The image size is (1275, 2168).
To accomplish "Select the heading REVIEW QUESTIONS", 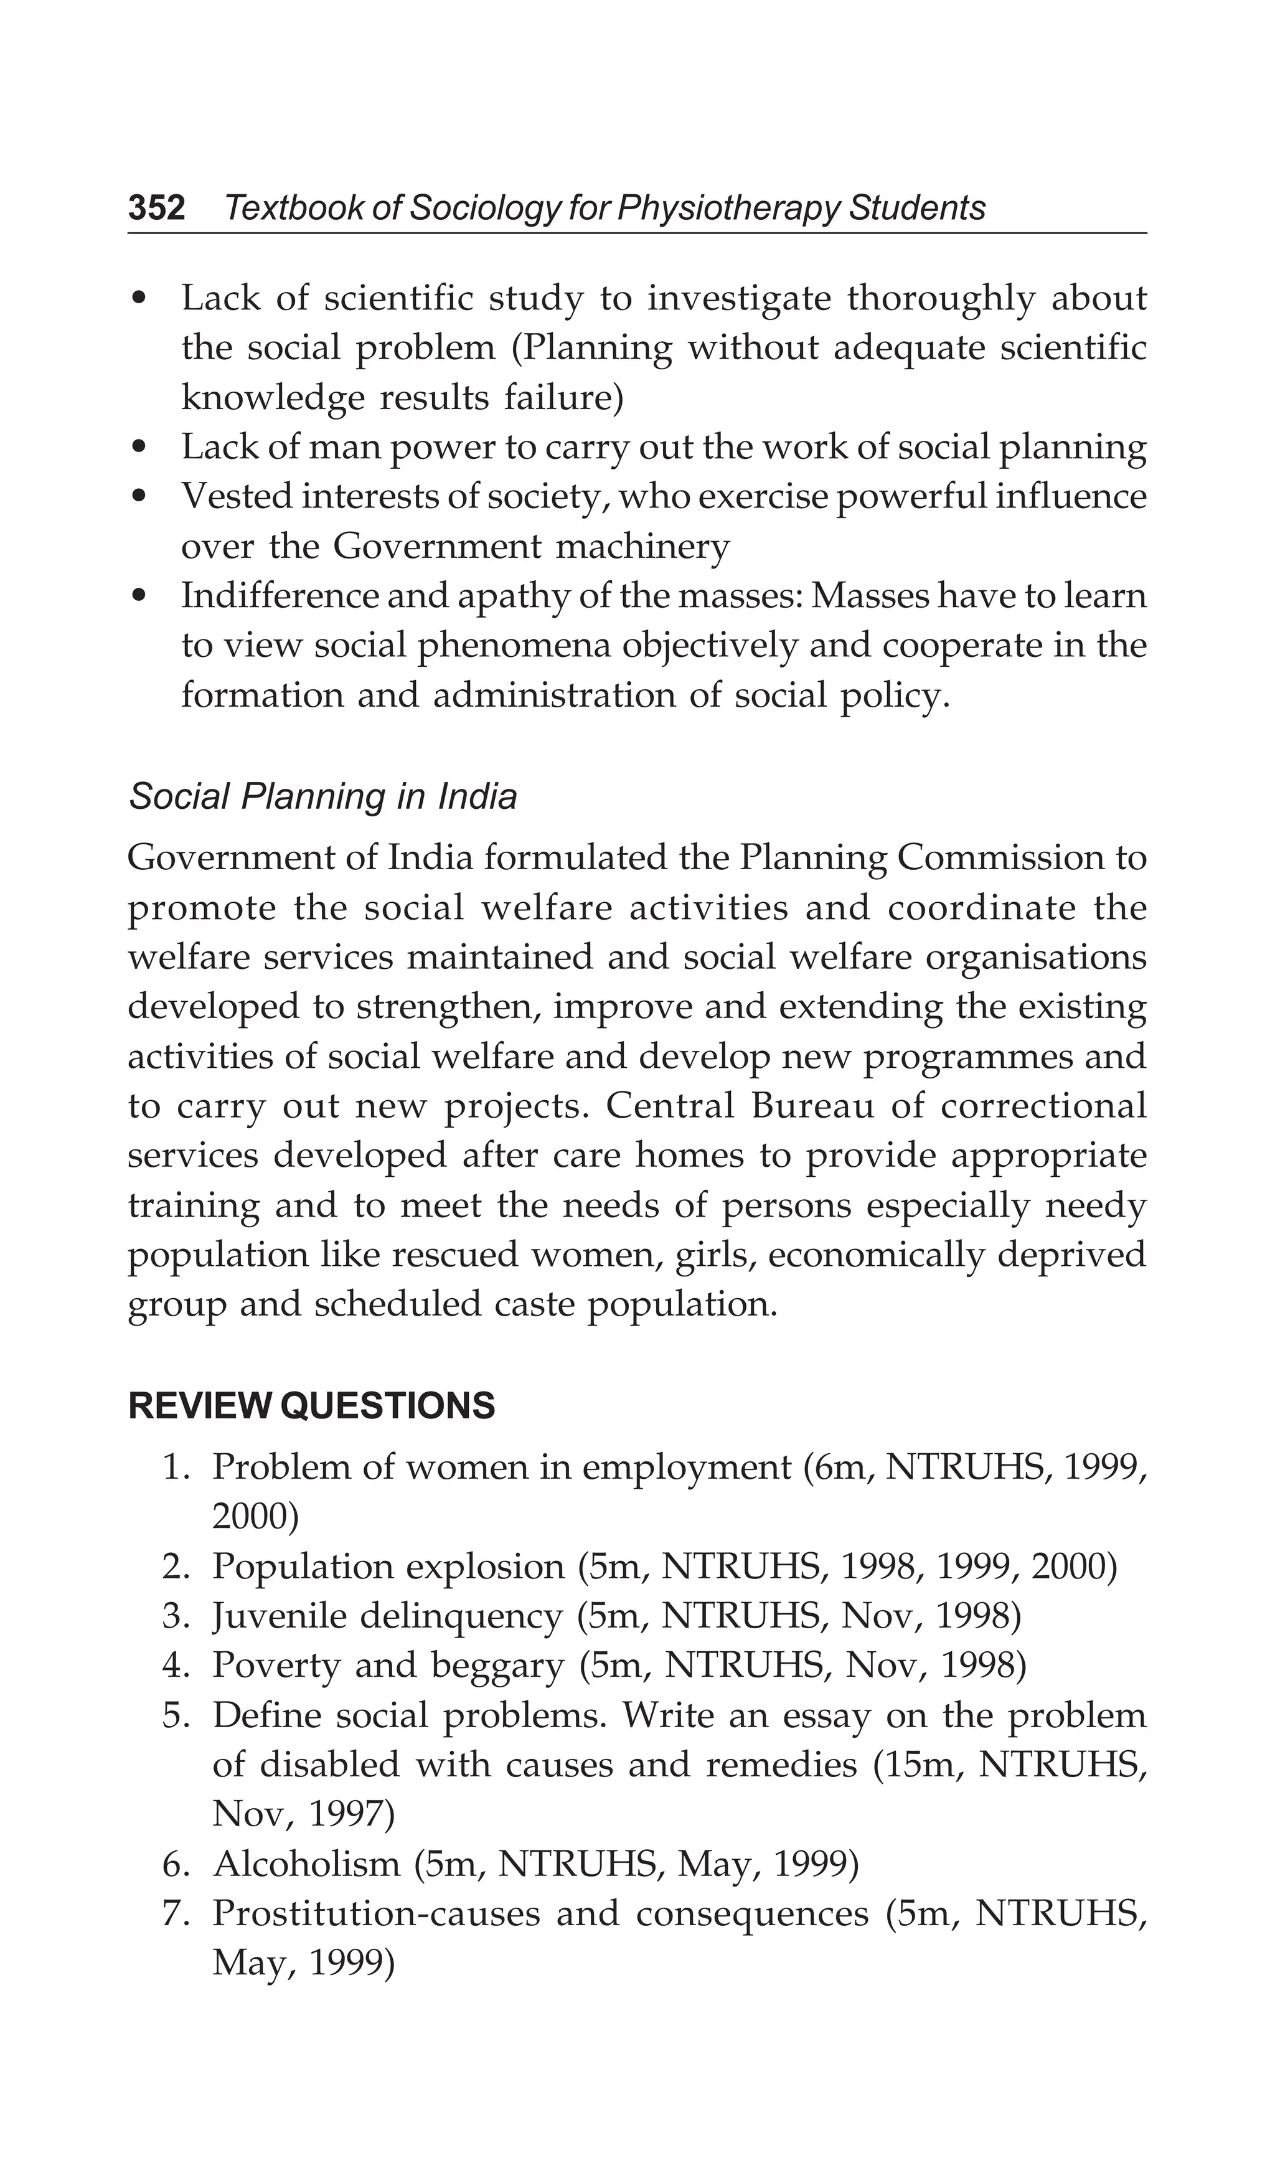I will (311, 1407).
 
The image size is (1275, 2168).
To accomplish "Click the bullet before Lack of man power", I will (140, 448).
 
